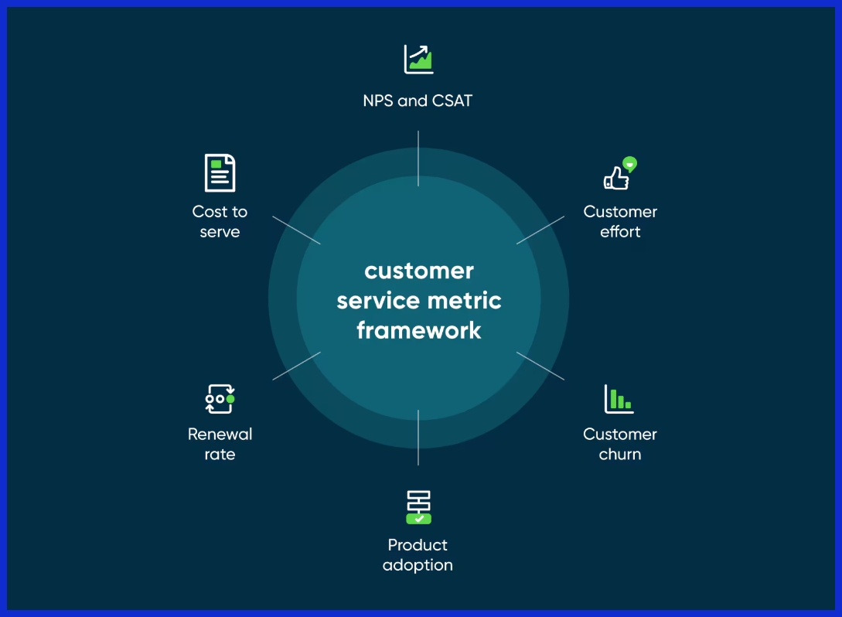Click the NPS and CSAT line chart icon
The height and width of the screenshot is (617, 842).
pyautogui.click(x=418, y=59)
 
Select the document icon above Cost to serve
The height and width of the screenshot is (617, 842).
pyautogui.click(x=220, y=173)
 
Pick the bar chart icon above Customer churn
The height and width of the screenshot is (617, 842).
pyautogui.click(x=619, y=399)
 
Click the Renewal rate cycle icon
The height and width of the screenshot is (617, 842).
pyautogui.click(x=220, y=399)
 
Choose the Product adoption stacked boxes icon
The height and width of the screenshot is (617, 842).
pyautogui.click(x=418, y=507)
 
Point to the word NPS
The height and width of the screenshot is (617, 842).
pyautogui.click(x=378, y=101)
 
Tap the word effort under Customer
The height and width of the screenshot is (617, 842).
pyautogui.click(x=620, y=231)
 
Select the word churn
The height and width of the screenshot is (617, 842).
pyautogui.click(x=620, y=455)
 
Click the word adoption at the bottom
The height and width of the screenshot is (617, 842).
pyautogui.click(x=418, y=565)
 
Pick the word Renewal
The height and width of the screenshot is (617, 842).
pyautogui.click(x=220, y=434)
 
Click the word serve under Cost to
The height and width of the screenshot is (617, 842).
pyautogui.click(x=220, y=232)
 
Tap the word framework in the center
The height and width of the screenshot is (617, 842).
pyautogui.click(x=419, y=330)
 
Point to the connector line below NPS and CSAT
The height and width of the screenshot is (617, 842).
pyautogui.click(x=418, y=159)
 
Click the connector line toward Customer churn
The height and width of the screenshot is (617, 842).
pyautogui.click(x=540, y=366)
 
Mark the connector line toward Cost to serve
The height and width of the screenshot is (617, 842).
pyautogui.click(x=296, y=230)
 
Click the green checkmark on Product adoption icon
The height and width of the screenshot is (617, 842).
pyautogui.click(x=419, y=519)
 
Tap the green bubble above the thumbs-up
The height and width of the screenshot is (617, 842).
pyautogui.click(x=630, y=163)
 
